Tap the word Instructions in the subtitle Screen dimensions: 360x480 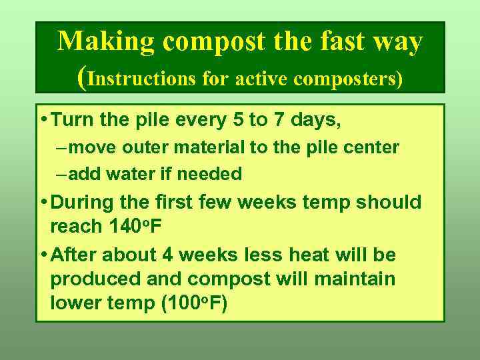[141, 79]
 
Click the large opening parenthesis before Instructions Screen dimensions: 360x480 [81, 78]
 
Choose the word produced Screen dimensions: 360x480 [89, 279]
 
